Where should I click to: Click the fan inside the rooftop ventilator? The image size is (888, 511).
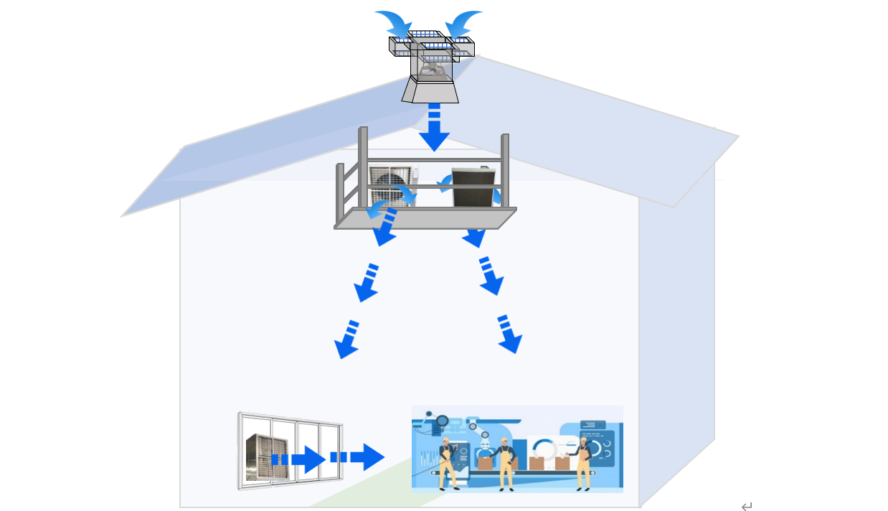tap(433, 69)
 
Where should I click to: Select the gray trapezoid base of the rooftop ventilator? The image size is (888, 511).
tap(431, 92)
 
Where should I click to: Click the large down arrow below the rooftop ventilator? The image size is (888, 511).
tap(434, 130)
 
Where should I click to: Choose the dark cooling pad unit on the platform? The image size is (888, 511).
tap(473, 187)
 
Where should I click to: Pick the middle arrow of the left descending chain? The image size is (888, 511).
tap(367, 283)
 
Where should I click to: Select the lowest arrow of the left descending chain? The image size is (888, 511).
tap(347, 340)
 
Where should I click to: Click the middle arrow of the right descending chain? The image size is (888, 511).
tap(490, 276)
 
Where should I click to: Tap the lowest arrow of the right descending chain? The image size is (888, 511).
tap(508, 335)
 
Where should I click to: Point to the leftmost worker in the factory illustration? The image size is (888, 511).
tap(447, 463)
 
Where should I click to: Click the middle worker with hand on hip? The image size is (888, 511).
tap(506, 463)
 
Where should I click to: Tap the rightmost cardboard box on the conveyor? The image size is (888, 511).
tap(562, 463)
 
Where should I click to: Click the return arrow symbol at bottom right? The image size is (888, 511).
tap(747, 507)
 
